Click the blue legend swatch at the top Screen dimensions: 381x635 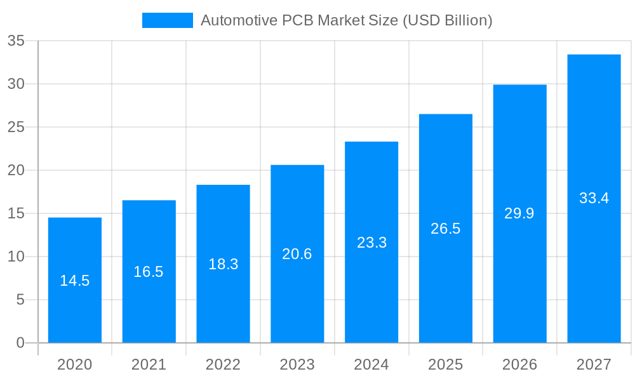[x=167, y=20]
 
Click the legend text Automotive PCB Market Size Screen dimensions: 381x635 [x=346, y=20]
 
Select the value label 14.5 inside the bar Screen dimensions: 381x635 [x=75, y=281]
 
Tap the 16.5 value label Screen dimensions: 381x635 [x=149, y=272]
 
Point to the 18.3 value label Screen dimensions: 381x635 [x=223, y=264]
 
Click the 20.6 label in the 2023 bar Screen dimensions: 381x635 [x=297, y=254]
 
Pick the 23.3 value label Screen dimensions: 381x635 [x=371, y=243]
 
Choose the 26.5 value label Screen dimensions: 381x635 [x=446, y=229]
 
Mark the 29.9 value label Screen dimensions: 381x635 [x=519, y=213]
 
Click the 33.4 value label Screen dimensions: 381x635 [x=594, y=198]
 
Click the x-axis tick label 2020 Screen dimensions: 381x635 [x=75, y=364]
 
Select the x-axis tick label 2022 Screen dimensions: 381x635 [x=223, y=364]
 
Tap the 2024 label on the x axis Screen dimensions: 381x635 [x=371, y=364]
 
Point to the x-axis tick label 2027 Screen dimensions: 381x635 [x=594, y=364]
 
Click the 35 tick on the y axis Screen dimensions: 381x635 [x=16, y=41]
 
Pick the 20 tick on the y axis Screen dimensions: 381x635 [x=16, y=170]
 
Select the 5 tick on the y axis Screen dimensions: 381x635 [x=20, y=300]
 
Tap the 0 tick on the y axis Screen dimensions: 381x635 [x=20, y=343]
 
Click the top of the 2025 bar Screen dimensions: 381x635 [x=446, y=115]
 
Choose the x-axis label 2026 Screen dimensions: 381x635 [x=519, y=364]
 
